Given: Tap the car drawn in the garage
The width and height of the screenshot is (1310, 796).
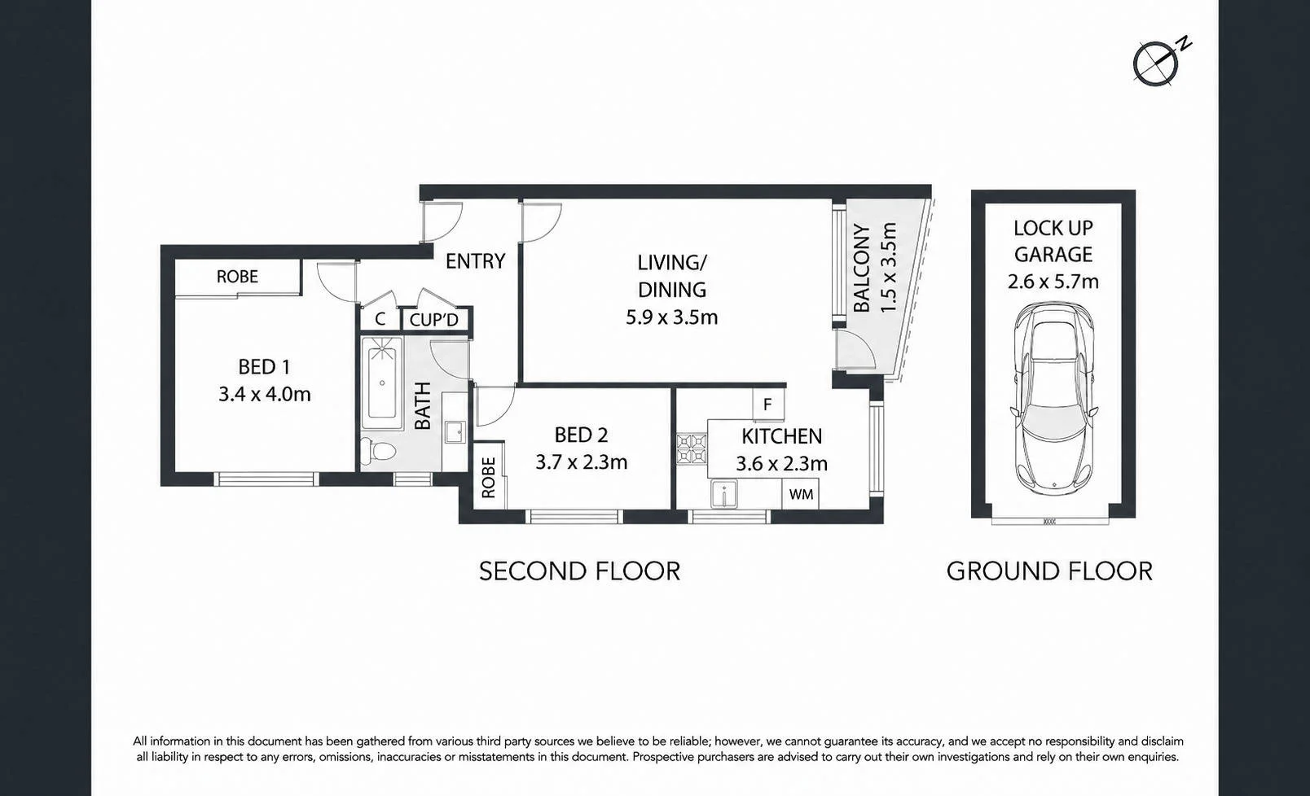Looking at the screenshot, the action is (1053, 397).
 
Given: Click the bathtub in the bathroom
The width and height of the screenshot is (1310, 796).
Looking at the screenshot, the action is (382, 383).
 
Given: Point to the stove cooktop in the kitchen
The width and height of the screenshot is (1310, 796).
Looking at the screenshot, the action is (692, 448).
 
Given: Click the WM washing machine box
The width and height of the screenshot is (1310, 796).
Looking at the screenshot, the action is (801, 494).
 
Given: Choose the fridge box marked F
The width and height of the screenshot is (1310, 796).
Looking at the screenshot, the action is (768, 404).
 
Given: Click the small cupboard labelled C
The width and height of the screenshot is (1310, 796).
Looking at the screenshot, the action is (380, 319).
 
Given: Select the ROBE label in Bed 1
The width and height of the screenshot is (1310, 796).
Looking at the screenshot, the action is (237, 277).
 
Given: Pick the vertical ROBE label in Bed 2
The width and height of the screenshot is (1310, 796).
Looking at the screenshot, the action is (488, 478).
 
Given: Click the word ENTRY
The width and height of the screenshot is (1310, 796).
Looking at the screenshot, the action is (476, 261).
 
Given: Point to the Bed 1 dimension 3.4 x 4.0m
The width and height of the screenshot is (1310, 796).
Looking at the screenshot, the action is (264, 395).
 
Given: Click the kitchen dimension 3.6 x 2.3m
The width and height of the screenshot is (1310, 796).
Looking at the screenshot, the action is (781, 464).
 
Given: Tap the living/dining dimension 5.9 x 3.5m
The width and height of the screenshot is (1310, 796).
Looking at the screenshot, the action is (672, 318).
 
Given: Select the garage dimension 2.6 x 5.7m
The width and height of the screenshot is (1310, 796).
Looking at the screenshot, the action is (1053, 282).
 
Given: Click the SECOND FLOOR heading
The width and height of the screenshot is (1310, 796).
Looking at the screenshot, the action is (579, 571).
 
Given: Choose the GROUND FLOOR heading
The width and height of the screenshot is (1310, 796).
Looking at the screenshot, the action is (1050, 571).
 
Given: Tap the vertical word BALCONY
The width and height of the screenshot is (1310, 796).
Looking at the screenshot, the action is (863, 269).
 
